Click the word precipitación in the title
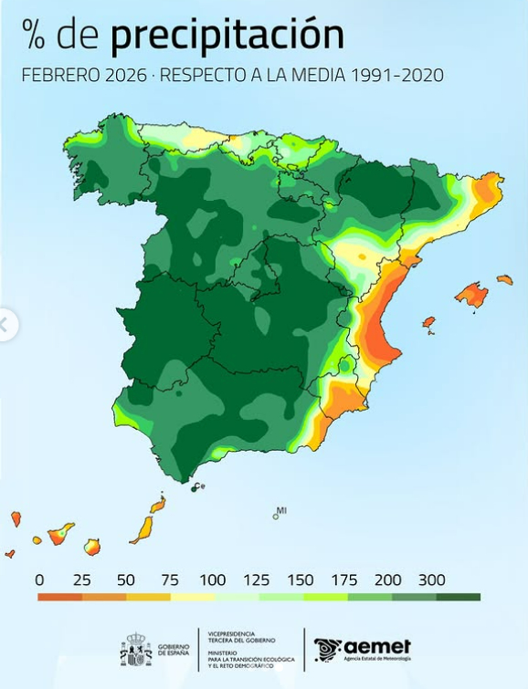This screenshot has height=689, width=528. click(227, 36)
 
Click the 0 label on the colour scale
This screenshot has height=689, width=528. click(39, 579)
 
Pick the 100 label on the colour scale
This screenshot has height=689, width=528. click(213, 579)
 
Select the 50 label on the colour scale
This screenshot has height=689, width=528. click(126, 579)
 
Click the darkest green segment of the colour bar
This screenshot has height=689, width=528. click(459, 598)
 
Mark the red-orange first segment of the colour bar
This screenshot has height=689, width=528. click(60, 598)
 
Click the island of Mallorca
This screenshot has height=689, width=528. click(471, 295)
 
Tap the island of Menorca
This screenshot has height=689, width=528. click(504, 279)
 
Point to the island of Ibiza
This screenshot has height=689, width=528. click(428, 322)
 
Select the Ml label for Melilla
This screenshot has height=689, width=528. click(281, 510)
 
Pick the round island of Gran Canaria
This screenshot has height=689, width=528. click(91, 547)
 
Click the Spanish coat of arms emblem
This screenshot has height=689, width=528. click(136, 649)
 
